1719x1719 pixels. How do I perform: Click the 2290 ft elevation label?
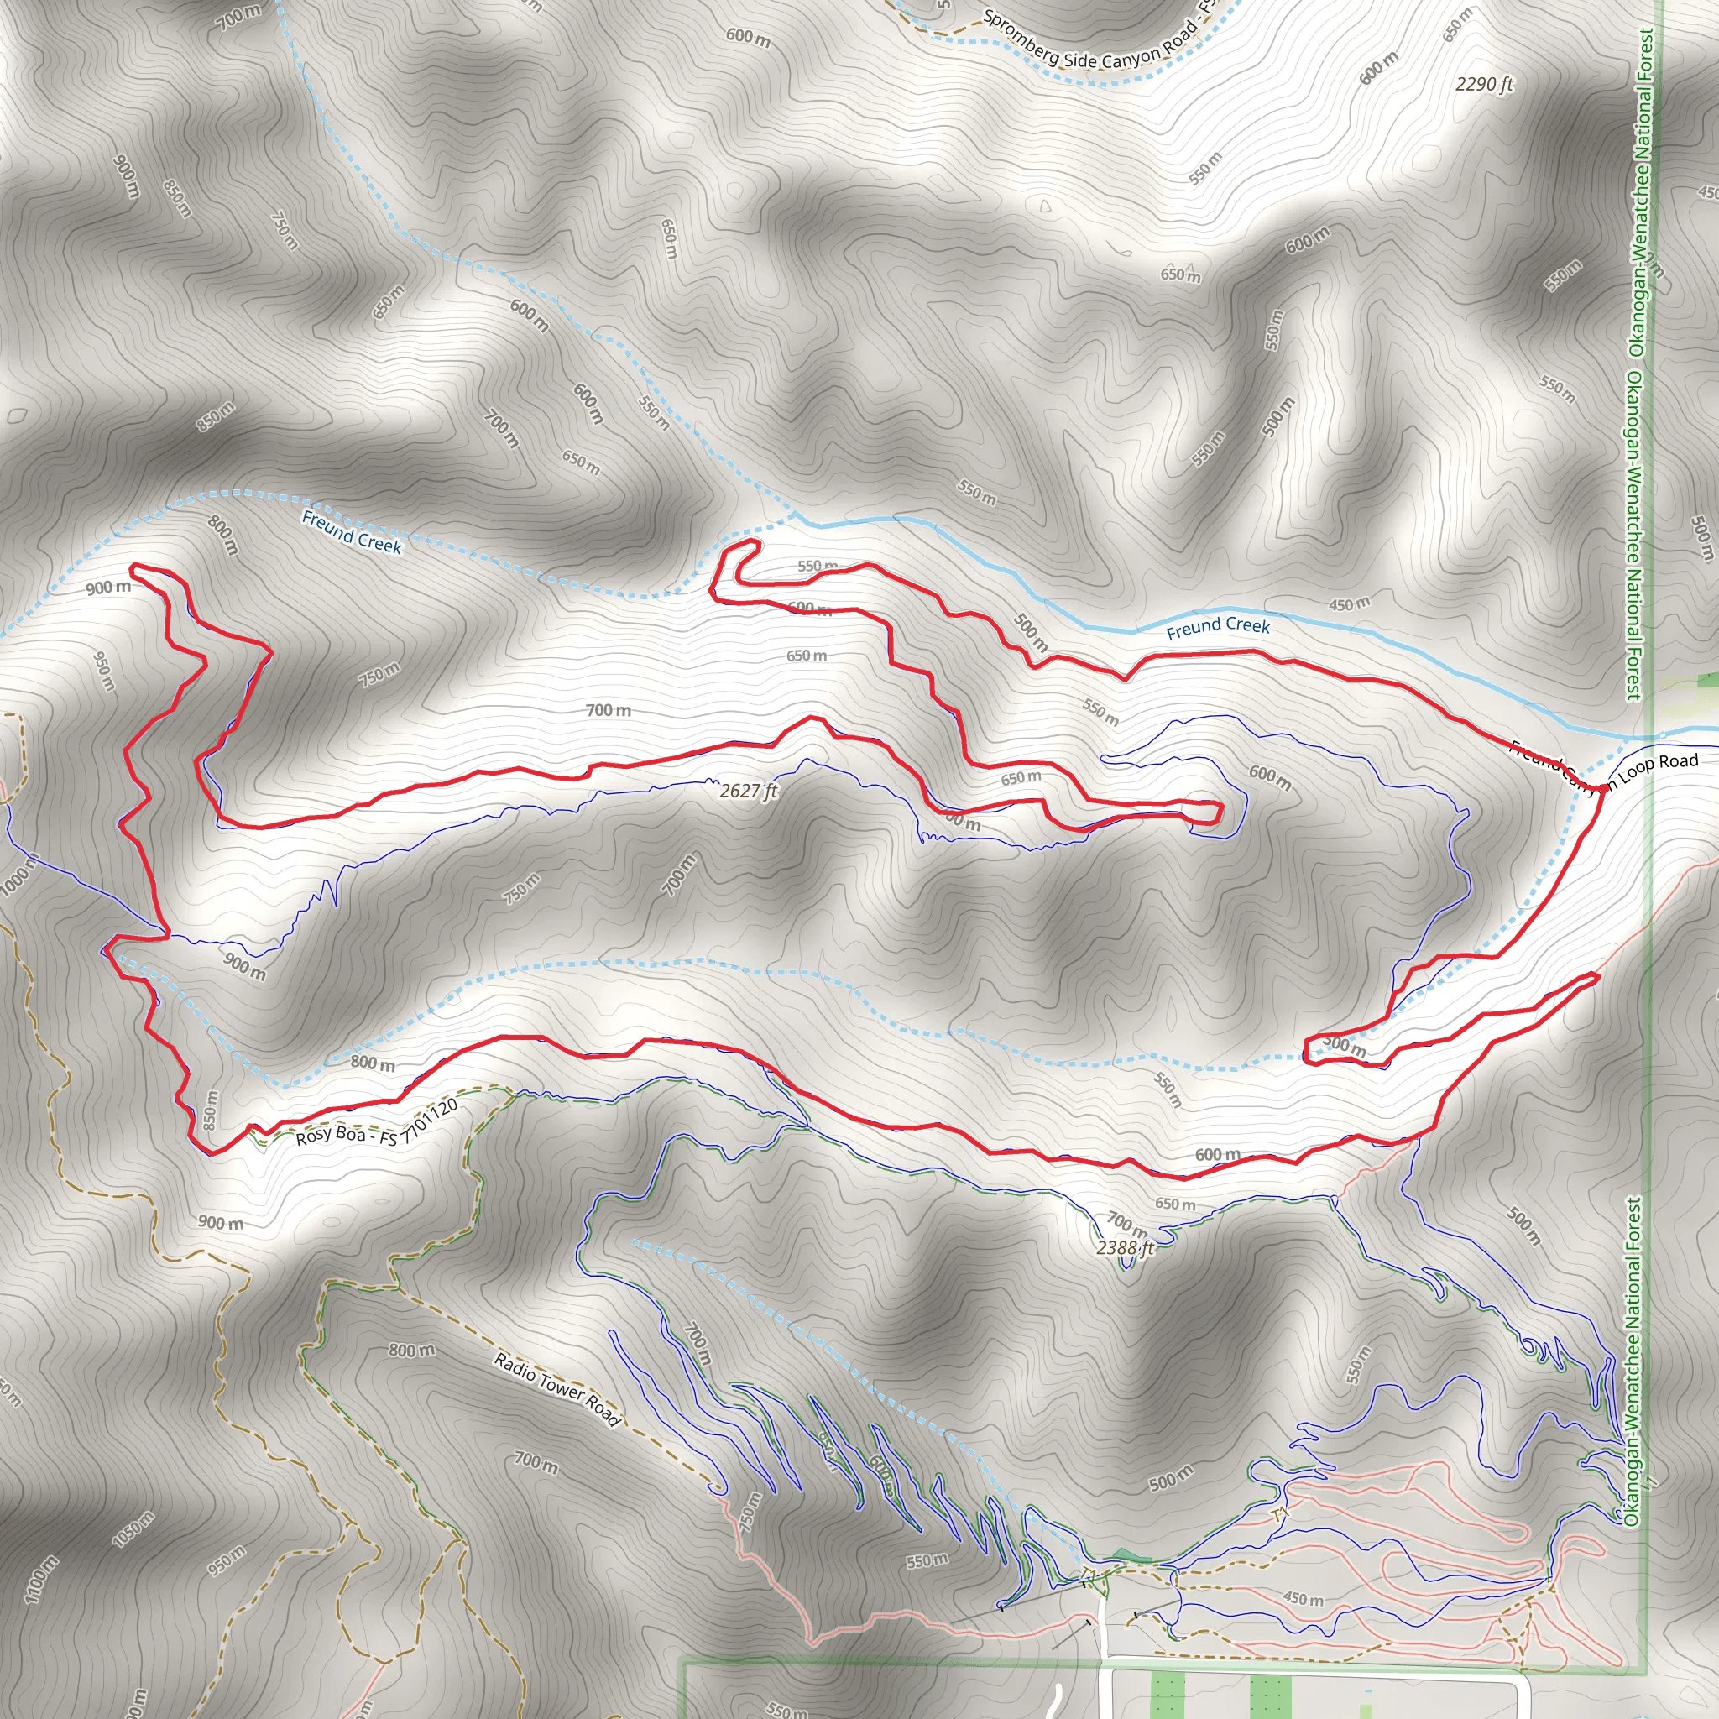click(x=1484, y=85)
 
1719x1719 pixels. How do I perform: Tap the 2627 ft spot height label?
click(x=748, y=790)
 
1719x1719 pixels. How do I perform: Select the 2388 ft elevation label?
click(x=1125, y=1247)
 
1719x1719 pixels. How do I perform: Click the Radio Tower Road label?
click(x=556, y=1388)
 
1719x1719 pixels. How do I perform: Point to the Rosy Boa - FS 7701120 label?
click(x=377, y=1123)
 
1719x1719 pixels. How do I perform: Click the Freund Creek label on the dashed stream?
click(x=352, y=531)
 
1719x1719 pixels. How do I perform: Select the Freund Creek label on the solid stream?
click(x=1218, y=626)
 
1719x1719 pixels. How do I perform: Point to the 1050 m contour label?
click(x=133, y=1528)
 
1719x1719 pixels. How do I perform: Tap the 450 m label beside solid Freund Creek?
click(x=1349, y=604)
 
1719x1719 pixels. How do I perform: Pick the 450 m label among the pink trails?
click(x=1303, y=1599)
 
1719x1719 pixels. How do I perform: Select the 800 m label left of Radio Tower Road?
click(x=411, y=1350)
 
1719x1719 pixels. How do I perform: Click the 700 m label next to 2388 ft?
click(x=1126, y=1225)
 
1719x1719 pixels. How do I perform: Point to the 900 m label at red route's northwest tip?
click(x=107, y=588)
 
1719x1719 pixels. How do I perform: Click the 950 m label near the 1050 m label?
click(x=225, y=1560)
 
